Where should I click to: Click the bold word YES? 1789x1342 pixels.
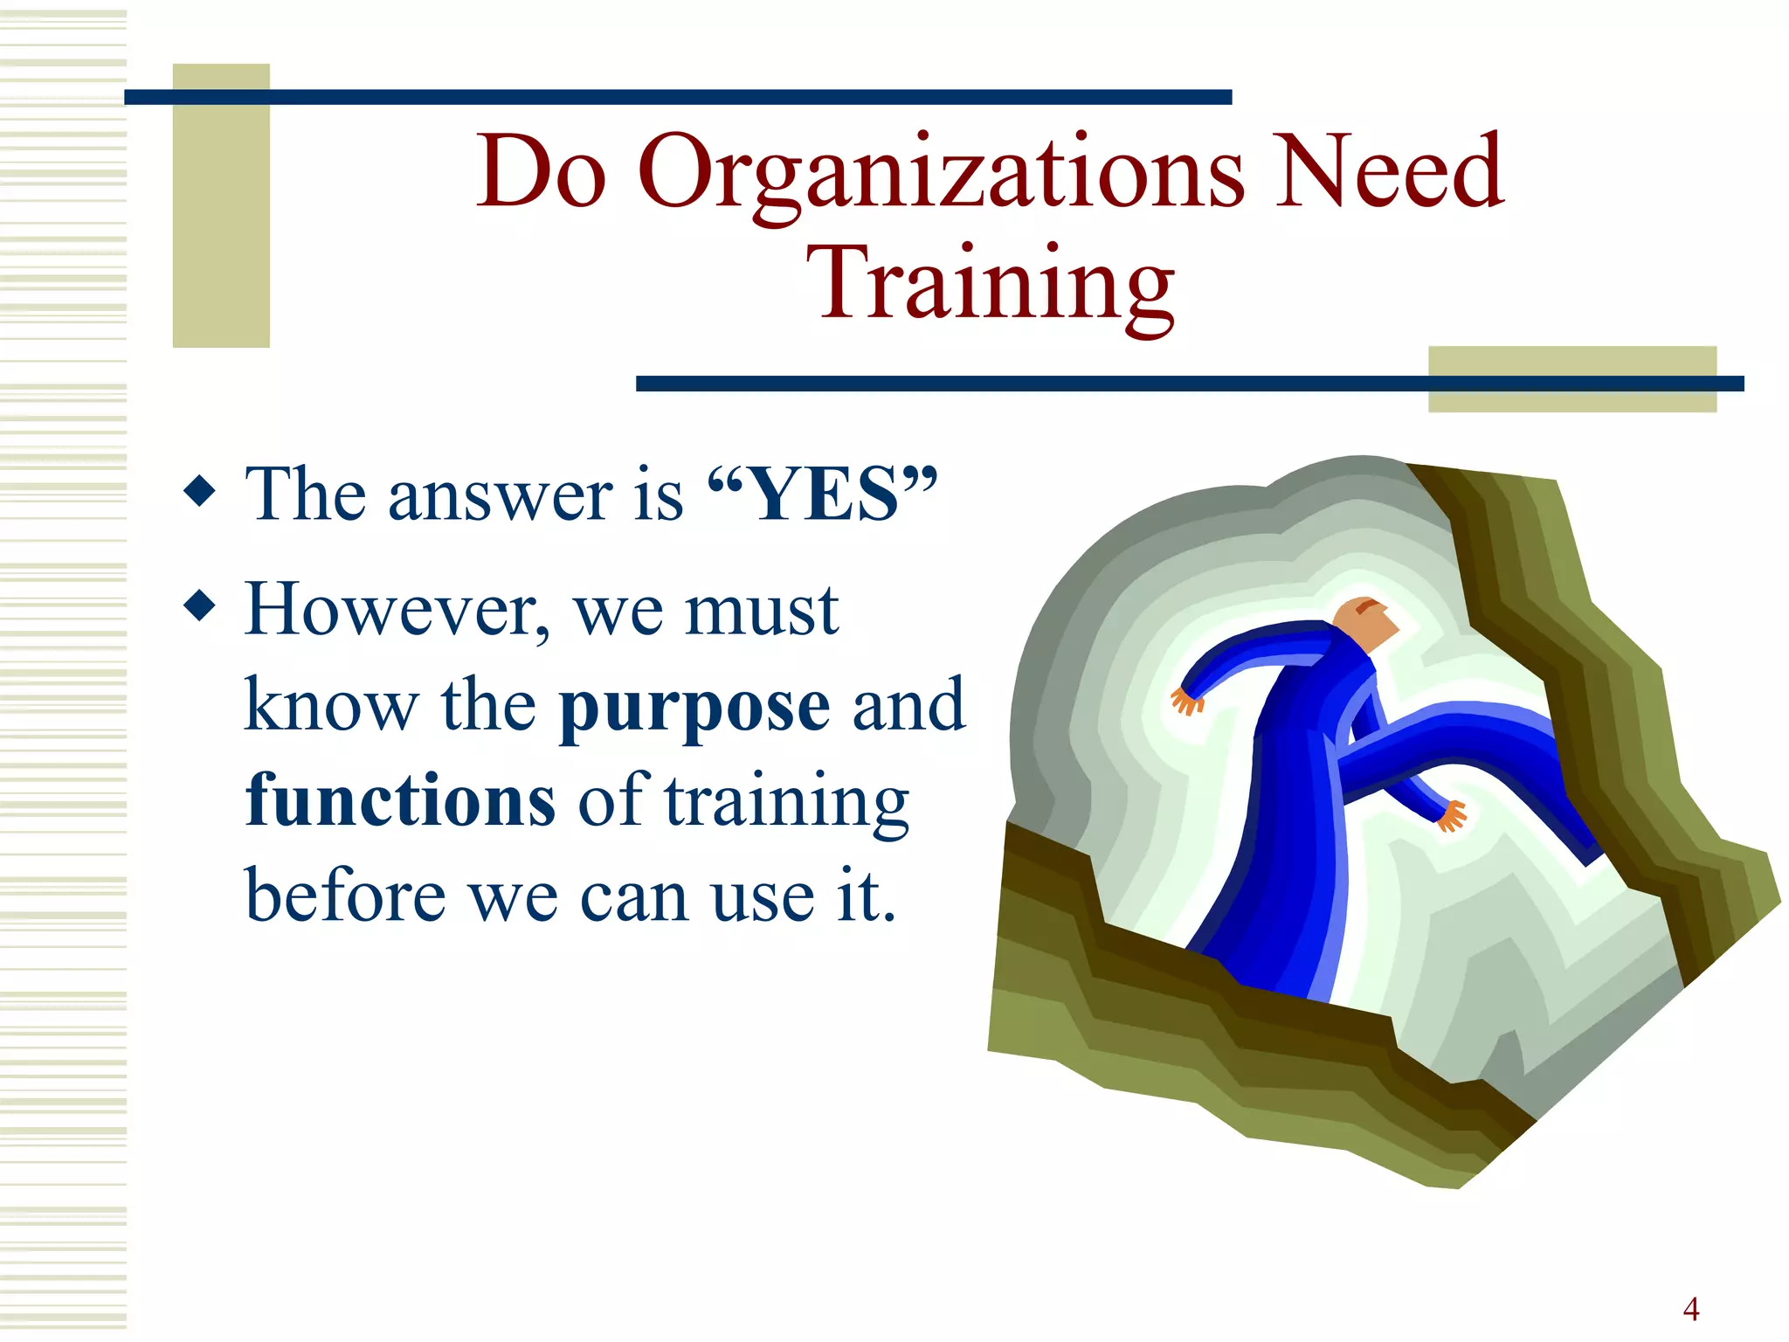tap(825, 495)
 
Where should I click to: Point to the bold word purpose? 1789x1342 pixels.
tap(694, 707)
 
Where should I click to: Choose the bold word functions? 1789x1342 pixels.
tap(400, 799)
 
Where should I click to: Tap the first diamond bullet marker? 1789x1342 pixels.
tap(200, 491)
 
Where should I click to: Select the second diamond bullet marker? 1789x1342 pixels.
tap(200, 605)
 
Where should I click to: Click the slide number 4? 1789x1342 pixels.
tap(1691, 1309)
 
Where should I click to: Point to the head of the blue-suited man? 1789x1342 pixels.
tap(1364, 621)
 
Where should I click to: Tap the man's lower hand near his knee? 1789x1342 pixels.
tap(1452, 816)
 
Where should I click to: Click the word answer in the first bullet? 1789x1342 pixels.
tap(501, 495)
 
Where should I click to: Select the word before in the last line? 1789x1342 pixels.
tap(345, 896)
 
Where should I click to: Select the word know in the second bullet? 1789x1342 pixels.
tap(331, 705)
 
